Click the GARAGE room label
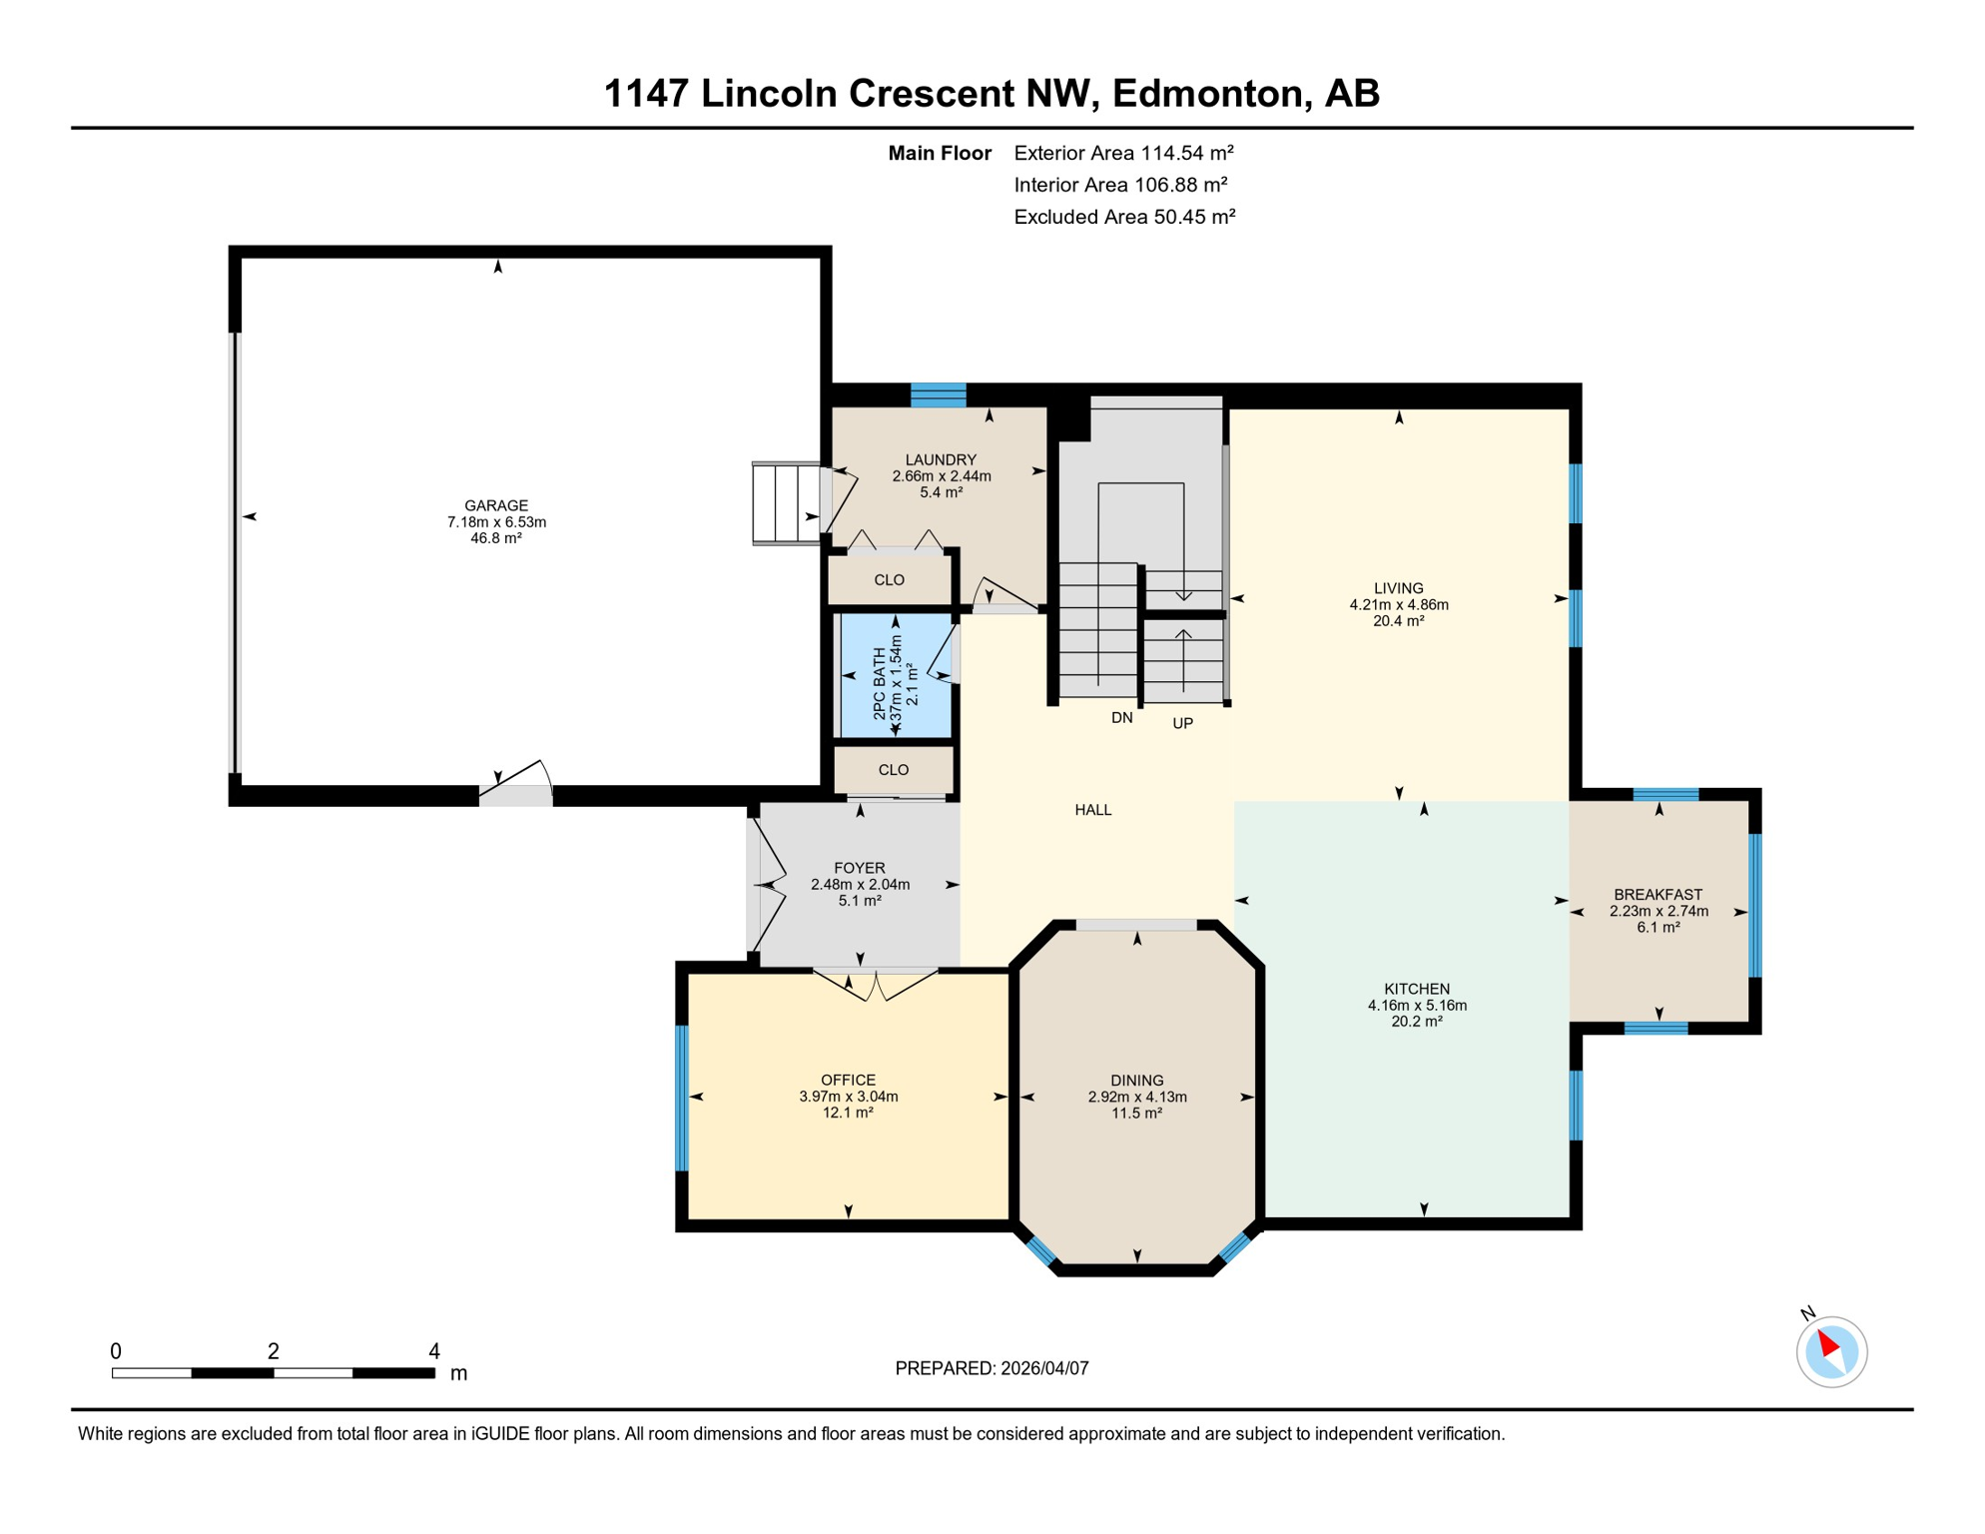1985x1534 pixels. [x=496, y=505]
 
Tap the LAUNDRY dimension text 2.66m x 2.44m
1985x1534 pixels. [x=941, y=476]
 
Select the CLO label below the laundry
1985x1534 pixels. [x=889, y=580]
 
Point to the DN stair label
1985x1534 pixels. [x=1121, y=718]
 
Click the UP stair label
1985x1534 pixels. [x=1182, y=723]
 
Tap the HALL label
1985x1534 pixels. [x=1092, y=810]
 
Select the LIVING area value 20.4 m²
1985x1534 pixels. [x=1398, y=621]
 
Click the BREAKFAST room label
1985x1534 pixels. [x=1657, y=895]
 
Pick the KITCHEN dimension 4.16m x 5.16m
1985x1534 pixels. [x=1416, y=1006]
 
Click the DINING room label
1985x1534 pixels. [x=1136, y=1081]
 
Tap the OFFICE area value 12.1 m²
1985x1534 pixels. [x=848, y=1113]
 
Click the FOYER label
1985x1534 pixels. [x=859, y=868]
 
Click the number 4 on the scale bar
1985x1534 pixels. [x=433, y=1351]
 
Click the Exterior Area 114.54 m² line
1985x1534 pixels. [x=1123, y=153]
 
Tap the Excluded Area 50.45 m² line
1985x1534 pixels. [x=1124, y=217]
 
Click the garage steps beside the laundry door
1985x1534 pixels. [x=786, y=503]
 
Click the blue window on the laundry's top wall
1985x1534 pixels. [x=938, y=395]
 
